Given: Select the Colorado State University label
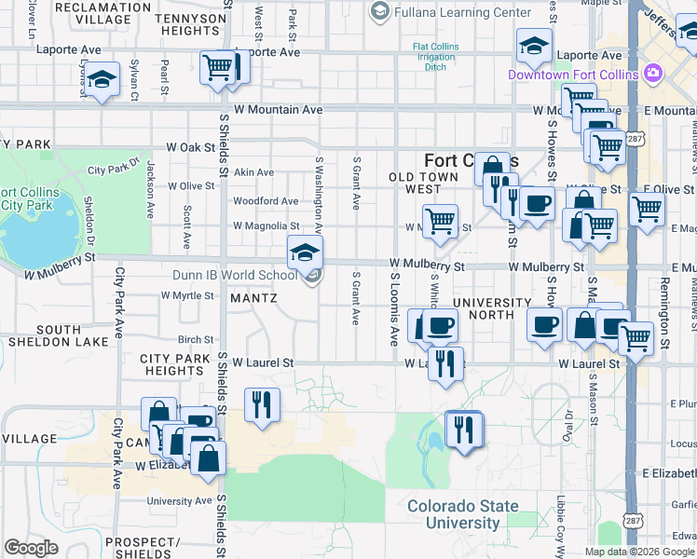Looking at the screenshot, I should [x=462, y=514].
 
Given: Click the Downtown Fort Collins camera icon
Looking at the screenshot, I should [x=653, y=73].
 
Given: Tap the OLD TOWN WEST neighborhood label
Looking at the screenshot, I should [x=423, y=183].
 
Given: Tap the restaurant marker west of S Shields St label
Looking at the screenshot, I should [x=261, y=403].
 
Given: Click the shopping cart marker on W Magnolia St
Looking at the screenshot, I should [x=440, y=222].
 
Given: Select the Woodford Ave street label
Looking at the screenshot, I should [x=266, y=201].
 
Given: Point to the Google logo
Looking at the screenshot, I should [x=32, y=548].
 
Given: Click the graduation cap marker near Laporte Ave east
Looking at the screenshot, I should [x=534, y=46].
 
